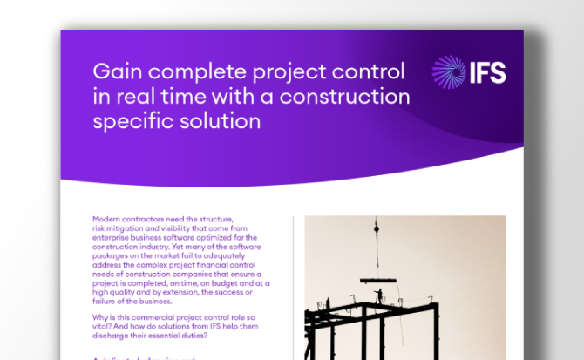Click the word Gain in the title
(113, 70)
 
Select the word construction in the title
(348, 95)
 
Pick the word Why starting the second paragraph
(98, 320)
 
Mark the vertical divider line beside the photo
(293, 288)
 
